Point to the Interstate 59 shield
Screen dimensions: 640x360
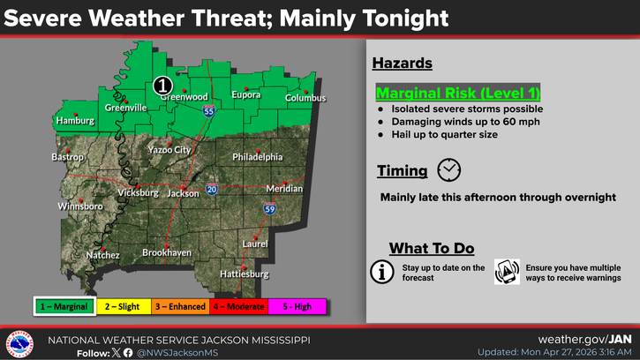tap(267, 209)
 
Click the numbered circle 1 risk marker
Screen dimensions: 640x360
tap(162, 86)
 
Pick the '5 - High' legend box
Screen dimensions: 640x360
tap(297, 306)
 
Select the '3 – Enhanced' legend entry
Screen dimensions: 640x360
tap(180, 306)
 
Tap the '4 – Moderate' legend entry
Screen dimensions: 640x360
tap(238, 306)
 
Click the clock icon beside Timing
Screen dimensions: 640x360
tap(449, 170)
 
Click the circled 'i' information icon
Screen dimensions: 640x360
tap(381, 272)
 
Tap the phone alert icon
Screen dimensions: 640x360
tap(507, 272)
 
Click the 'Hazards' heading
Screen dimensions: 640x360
tap(402, 64)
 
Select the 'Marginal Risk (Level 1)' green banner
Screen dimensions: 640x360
tap(457, 93)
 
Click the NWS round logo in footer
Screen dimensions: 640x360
tap(20, 343)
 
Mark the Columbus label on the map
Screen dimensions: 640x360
tap(305, 98)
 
